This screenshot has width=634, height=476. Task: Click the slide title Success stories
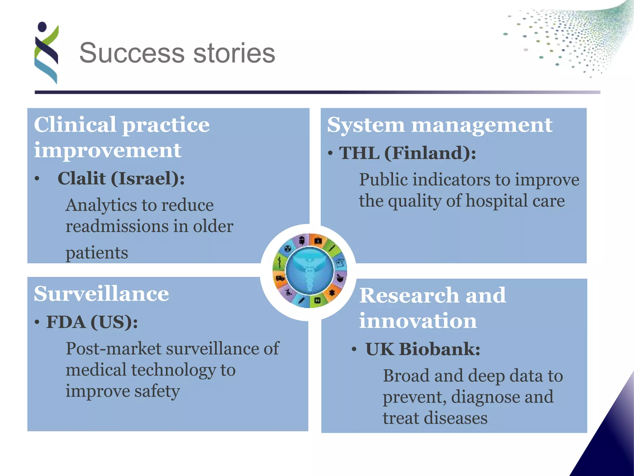177,53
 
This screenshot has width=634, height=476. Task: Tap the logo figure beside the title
46,53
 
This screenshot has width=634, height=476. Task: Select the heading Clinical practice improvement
122,137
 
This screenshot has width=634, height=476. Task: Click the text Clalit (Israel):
121,178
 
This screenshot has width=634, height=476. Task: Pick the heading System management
440,125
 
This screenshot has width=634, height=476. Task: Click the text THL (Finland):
407,153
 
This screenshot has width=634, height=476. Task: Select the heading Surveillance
102,293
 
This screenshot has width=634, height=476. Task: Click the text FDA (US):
92,322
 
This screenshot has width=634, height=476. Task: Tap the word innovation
418,320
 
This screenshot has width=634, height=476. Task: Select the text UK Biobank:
423,349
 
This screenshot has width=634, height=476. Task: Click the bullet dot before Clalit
37,179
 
